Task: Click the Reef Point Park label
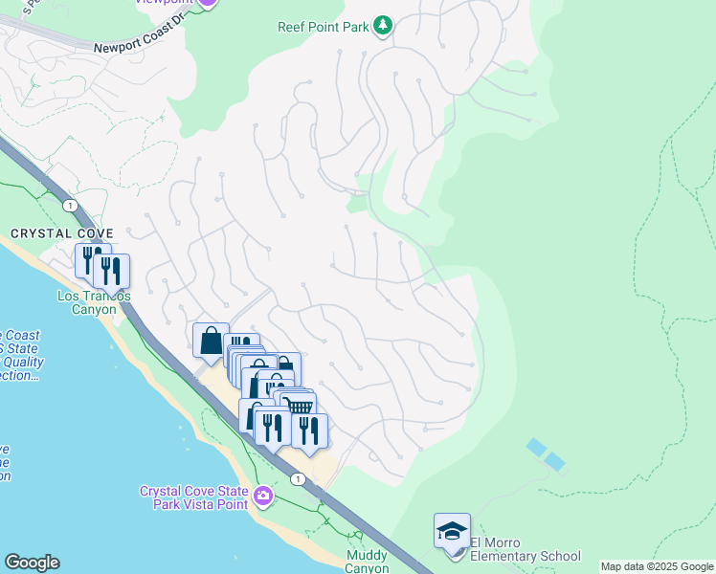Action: click(x=323, y=28)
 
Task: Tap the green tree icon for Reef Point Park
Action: click(x=383, y=26)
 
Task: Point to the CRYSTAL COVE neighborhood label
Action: click(x=62, y=233)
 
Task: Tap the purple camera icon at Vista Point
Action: click(x=263, y=497)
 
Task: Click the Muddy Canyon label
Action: click(x=367, y=562)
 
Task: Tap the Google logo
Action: click(x=32, y=563)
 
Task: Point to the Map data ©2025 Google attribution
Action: click(x=656, y=566)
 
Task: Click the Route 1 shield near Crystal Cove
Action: click(x=70, y=205)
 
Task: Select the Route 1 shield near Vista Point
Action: click(x=300, y=478)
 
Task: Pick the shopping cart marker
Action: click(x=302, y=407)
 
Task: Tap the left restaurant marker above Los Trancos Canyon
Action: click(x=89, y=259)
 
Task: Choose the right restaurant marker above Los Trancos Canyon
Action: click(x=112, y=271)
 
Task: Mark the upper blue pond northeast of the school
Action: click(x=536, y=447)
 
